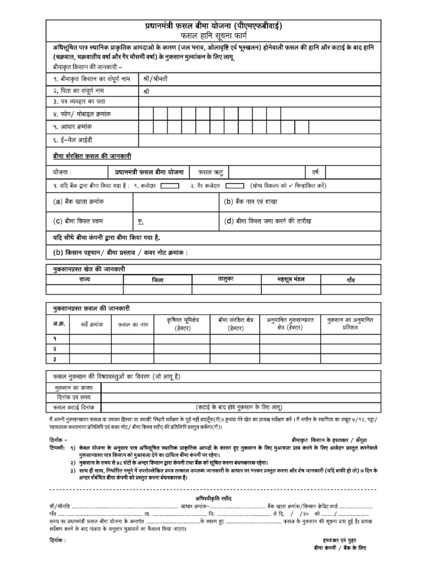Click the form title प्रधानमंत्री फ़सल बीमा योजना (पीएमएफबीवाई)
pos(213,26)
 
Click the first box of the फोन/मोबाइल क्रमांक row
pos(146,114)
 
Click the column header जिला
pos(158,280)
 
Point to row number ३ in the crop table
pos(55,358)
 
